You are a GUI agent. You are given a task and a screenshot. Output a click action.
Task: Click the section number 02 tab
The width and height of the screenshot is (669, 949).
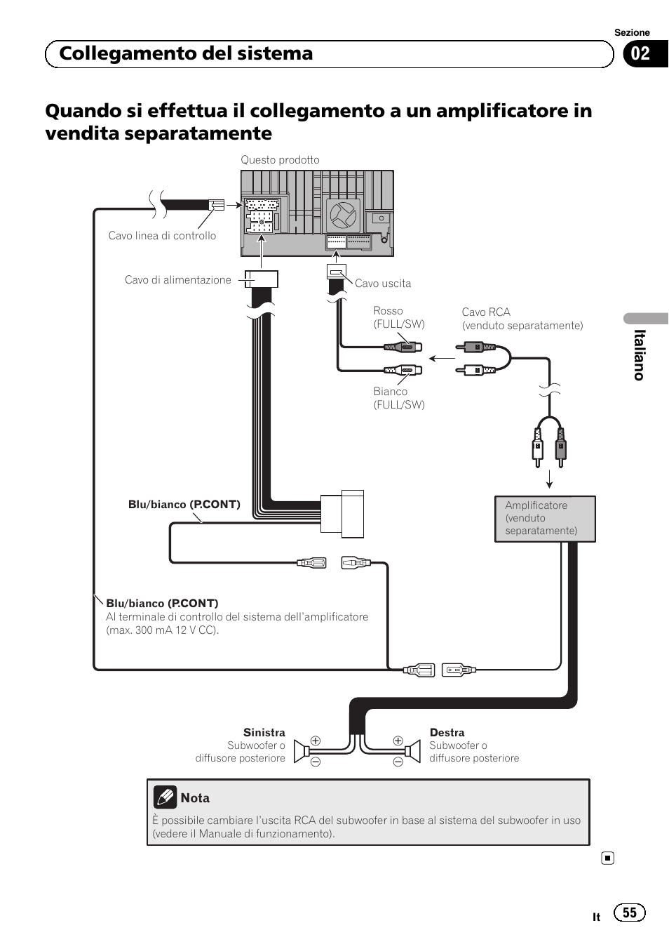click(642, 54)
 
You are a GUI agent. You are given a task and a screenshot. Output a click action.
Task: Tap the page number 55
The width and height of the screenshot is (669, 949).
click(629, 912)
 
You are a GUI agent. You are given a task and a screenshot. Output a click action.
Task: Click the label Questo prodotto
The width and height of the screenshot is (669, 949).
click(280, 160)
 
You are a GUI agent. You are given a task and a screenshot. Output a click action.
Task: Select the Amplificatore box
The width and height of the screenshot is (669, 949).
click(545, 519)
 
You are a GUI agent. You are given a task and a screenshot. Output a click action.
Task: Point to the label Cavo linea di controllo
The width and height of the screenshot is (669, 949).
click(162, 236)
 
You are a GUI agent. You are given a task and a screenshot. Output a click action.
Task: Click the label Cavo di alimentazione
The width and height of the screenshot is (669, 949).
click(177, 280)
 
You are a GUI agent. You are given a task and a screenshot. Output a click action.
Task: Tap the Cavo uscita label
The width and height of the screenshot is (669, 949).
click(383, 284)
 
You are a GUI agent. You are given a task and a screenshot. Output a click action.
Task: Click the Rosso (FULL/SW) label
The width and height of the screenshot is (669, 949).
click(398, 317)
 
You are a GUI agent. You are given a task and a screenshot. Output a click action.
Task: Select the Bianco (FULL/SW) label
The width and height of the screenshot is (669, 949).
click(398, 398)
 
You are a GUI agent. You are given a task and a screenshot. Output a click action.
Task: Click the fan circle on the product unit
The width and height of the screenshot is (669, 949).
click(344, 215)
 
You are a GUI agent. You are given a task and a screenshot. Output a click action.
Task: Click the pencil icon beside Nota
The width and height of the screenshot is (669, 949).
click(165, 797)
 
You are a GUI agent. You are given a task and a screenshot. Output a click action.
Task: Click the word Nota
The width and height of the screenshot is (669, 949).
click(195, 798)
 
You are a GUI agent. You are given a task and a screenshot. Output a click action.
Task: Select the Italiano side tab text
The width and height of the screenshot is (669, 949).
click(639, 355)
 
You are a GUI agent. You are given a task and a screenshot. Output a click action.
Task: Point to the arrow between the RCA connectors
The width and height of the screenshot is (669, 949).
click(442, 358)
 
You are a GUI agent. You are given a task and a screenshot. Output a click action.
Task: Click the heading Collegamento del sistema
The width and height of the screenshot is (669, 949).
click(186, 54)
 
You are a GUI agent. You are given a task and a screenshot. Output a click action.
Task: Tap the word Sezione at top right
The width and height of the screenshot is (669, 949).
click(632, 32)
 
